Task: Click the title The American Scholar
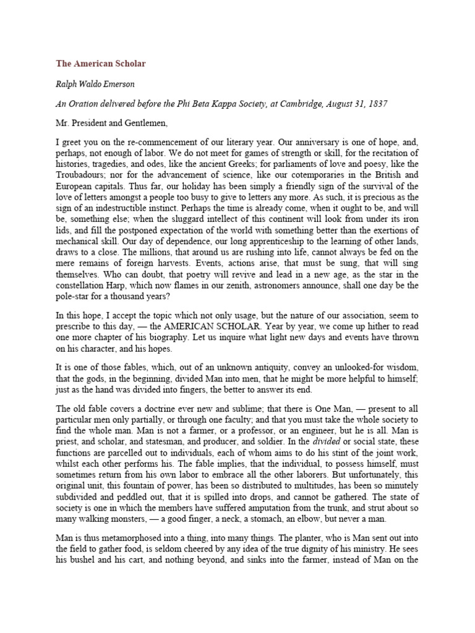(101, 63)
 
